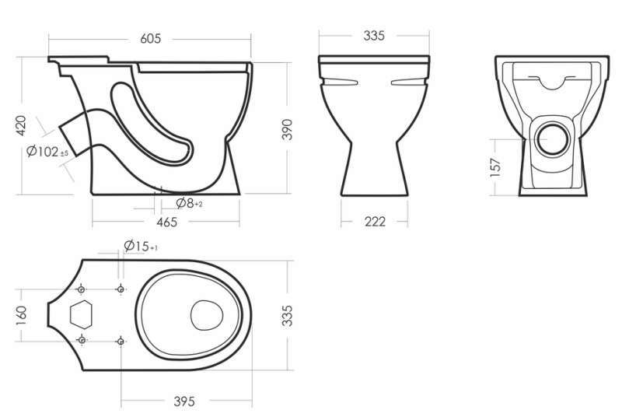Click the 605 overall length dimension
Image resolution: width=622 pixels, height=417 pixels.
pyautogui.click(x=151, y=38)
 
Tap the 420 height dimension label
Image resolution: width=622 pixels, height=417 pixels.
pyautogui.click(x=21, y=125)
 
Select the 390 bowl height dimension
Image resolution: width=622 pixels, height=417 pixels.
pyautogui.click(x=287, y=129)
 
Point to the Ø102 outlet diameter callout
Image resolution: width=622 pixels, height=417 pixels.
pyautogui.click(x=47, y=151)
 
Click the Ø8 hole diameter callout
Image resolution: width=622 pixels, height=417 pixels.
pyautogui.click(x=189, y=203)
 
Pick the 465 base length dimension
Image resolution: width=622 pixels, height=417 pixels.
pyautogui.click(x=166, y=222)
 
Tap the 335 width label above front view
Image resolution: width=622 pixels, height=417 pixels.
pyautogui.click(x=374, y=36)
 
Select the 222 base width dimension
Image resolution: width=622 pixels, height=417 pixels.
pyautogui.click(x=375, y=221)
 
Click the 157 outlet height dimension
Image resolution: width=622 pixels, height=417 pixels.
pyautogui.click(x=496, y=167)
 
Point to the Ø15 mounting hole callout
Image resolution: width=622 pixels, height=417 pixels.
pyautogui.click(x=141, y=246)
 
